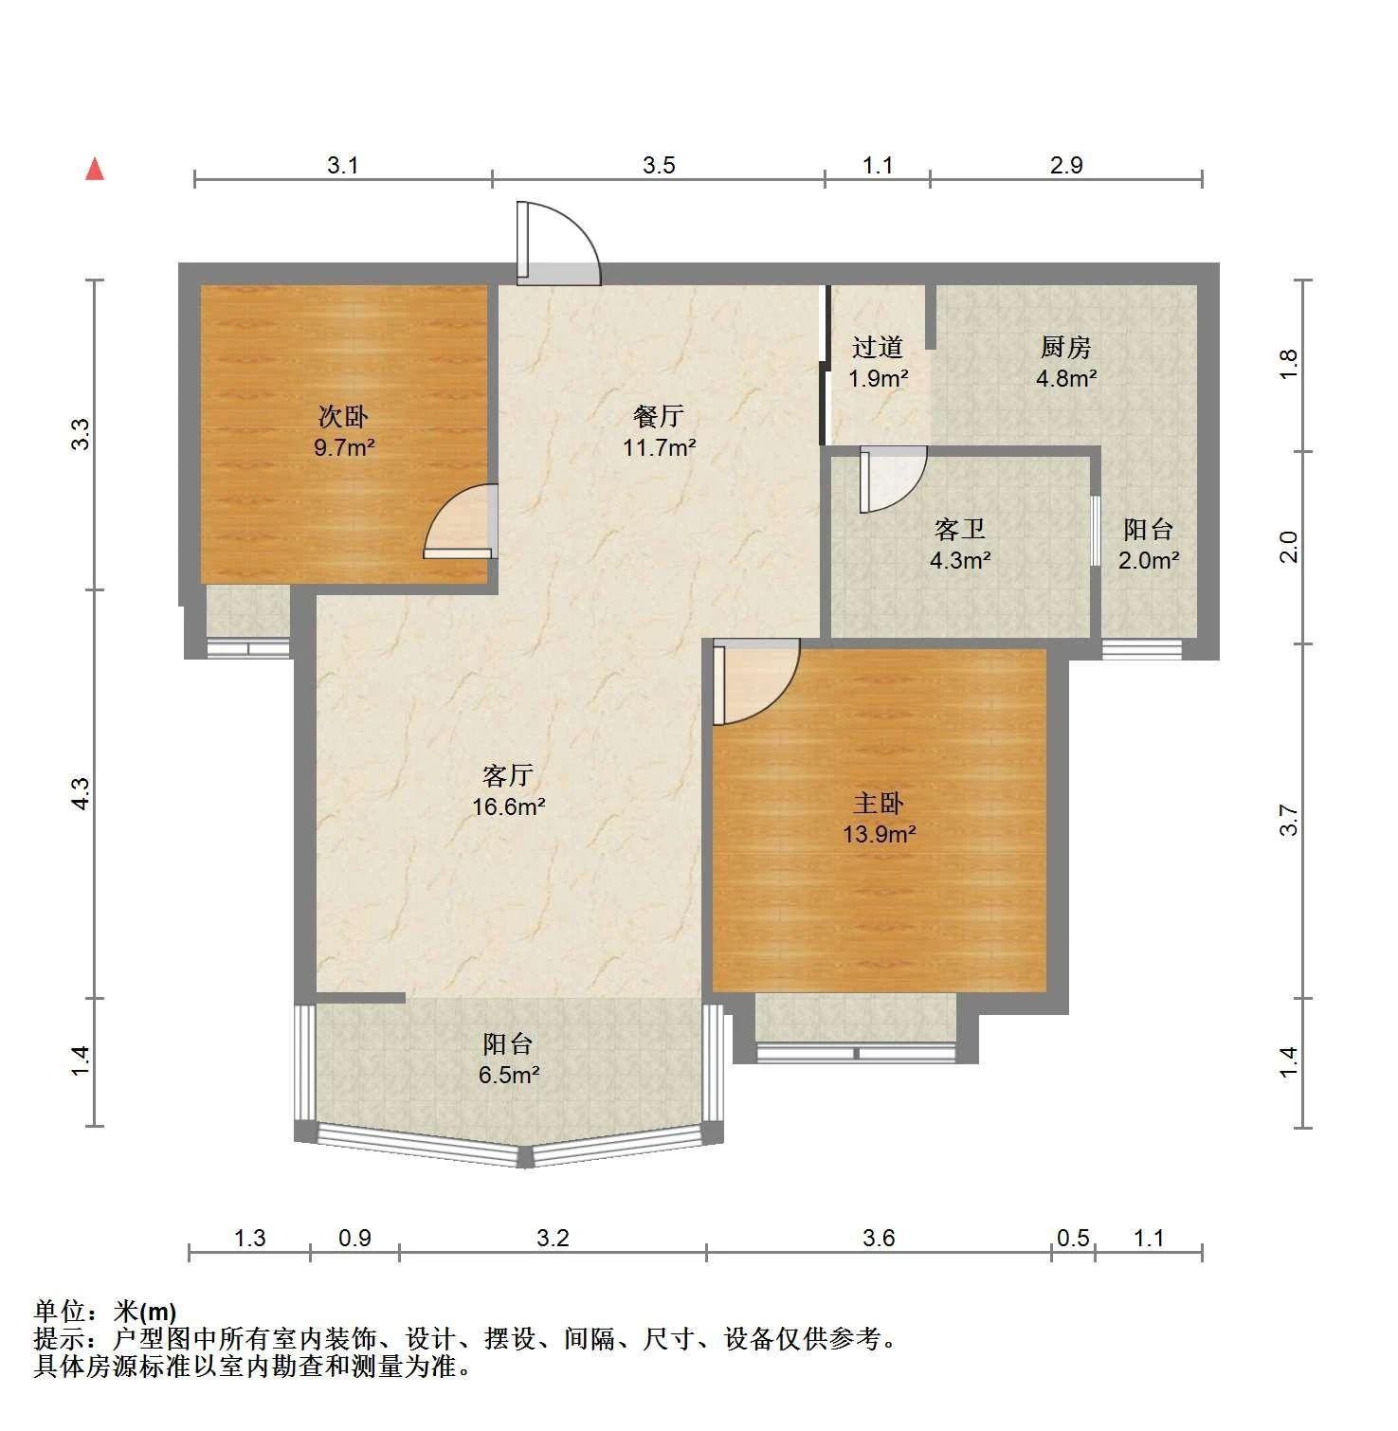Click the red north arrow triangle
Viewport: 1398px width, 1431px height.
[x=95, y=169]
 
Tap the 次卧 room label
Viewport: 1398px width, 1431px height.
[x=343, y=416]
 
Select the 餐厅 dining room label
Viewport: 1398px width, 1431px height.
[x=659, y=416]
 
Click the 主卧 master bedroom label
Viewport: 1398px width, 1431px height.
[x=879, y=804]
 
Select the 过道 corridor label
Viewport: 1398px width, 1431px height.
[x=877, y=348]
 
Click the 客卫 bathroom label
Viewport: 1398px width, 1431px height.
[x=959, y=529]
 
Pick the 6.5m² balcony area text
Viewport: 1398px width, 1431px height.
[x=509, y=1075]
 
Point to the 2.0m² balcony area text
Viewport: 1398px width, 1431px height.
[x=1149, y=560]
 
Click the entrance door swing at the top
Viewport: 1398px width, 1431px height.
[x=558, y=243]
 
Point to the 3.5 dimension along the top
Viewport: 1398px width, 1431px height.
[x=659, y=166]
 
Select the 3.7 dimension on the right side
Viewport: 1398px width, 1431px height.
[x=1287, y=821]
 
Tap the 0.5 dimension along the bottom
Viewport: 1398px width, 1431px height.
[x=1073, y=1238]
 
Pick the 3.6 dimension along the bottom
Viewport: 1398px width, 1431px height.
[x=879, y=1238]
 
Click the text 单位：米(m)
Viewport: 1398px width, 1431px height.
[x=104, y=1312]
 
